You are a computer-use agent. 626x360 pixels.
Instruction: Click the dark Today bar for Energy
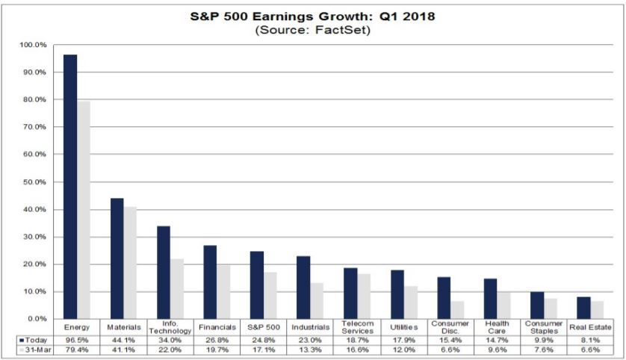(69, 187)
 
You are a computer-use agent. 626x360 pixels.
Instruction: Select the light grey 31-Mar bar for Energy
(83, 210)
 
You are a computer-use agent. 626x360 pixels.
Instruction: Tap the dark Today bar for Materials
(117, 258)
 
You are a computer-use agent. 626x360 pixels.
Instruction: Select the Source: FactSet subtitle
(313, 31)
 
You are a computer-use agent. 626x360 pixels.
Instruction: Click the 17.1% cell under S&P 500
(263, 350)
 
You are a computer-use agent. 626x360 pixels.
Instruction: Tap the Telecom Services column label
(356, 327)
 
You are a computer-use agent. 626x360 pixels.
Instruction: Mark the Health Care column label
(496, 327)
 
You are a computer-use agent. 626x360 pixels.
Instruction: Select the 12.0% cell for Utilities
(403, 350)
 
